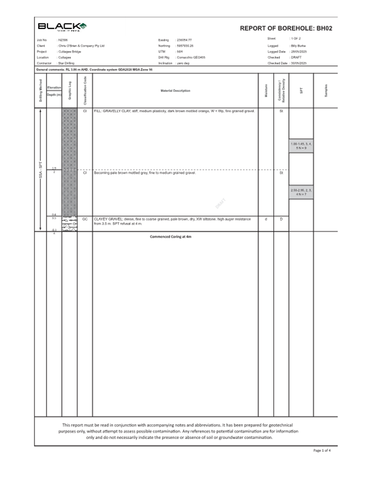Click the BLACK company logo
[62, 27]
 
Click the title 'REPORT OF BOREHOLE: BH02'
[286, 28]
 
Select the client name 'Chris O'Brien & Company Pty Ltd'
[81, 46]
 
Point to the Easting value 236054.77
[185, 40]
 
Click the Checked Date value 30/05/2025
[298, 64]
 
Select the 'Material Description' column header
[175, 90]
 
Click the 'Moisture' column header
[266, 91]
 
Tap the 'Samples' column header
[326, 91]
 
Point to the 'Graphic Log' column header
[69, 91]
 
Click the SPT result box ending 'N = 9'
[301, 146]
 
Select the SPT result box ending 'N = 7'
[301, 192]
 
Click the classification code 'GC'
[85, 219]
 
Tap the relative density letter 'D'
[281, 219]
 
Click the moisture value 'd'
[266, 219]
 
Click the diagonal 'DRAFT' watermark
[220, 203]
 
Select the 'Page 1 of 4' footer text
[321, 450]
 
